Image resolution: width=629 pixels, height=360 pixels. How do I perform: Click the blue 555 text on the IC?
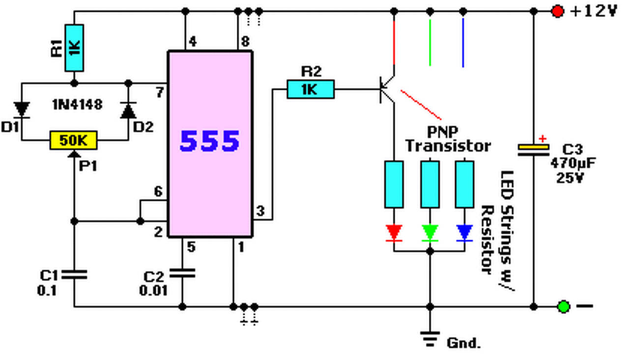pyautogui.click(x=209, y=140)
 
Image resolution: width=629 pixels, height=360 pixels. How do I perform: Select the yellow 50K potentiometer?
pyautogui.click(x=74, y=140)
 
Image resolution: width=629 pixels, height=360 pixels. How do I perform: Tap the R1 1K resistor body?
pyautogui.click(x=74, y=48)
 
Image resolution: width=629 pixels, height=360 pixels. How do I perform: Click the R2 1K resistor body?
pyautogui.click(x=311, y=89)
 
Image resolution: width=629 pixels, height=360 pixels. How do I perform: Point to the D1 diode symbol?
pyautogui.click(x=22, y=110)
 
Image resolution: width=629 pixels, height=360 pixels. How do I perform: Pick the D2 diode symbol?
pyautogui.click(x=128, y=111)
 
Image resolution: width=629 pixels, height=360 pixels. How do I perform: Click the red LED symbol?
pyautogui.click(x=394, y=233)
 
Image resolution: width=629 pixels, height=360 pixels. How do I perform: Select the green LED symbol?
pyautogui.click(x=430, y=233)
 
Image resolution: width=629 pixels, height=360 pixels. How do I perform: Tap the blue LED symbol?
pyautogui.click(x=465, y=233)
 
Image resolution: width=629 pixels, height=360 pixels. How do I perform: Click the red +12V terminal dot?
pyautogui.click(x=557, y=11)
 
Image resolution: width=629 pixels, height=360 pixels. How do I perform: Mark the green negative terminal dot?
pyautogui.click(x=563, y=306)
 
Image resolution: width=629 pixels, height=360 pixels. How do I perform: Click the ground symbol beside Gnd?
pyautogui.click(x=430, y=339)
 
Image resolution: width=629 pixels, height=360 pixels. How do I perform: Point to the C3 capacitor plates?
pyautogui.click(x=534, y=150)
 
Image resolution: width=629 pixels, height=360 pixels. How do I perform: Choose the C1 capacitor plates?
pyautogui.click(x=74, y=275)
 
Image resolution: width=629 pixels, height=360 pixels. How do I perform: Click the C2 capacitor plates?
pyautogui.click(x=182, y=273)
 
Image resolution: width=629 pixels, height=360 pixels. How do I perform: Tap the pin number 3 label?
pyautogui.click(x=260, y=211)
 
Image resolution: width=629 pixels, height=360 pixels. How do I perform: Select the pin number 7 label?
pyautogui.click(x=160, y=92)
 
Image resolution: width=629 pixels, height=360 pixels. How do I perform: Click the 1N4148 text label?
pyautogui.click(x=77, y=105)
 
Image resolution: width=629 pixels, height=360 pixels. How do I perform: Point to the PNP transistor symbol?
pyautogui.click(x=388, y=90)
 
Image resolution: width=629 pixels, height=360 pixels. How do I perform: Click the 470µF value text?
pyautogui.click(x=573, y=163)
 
